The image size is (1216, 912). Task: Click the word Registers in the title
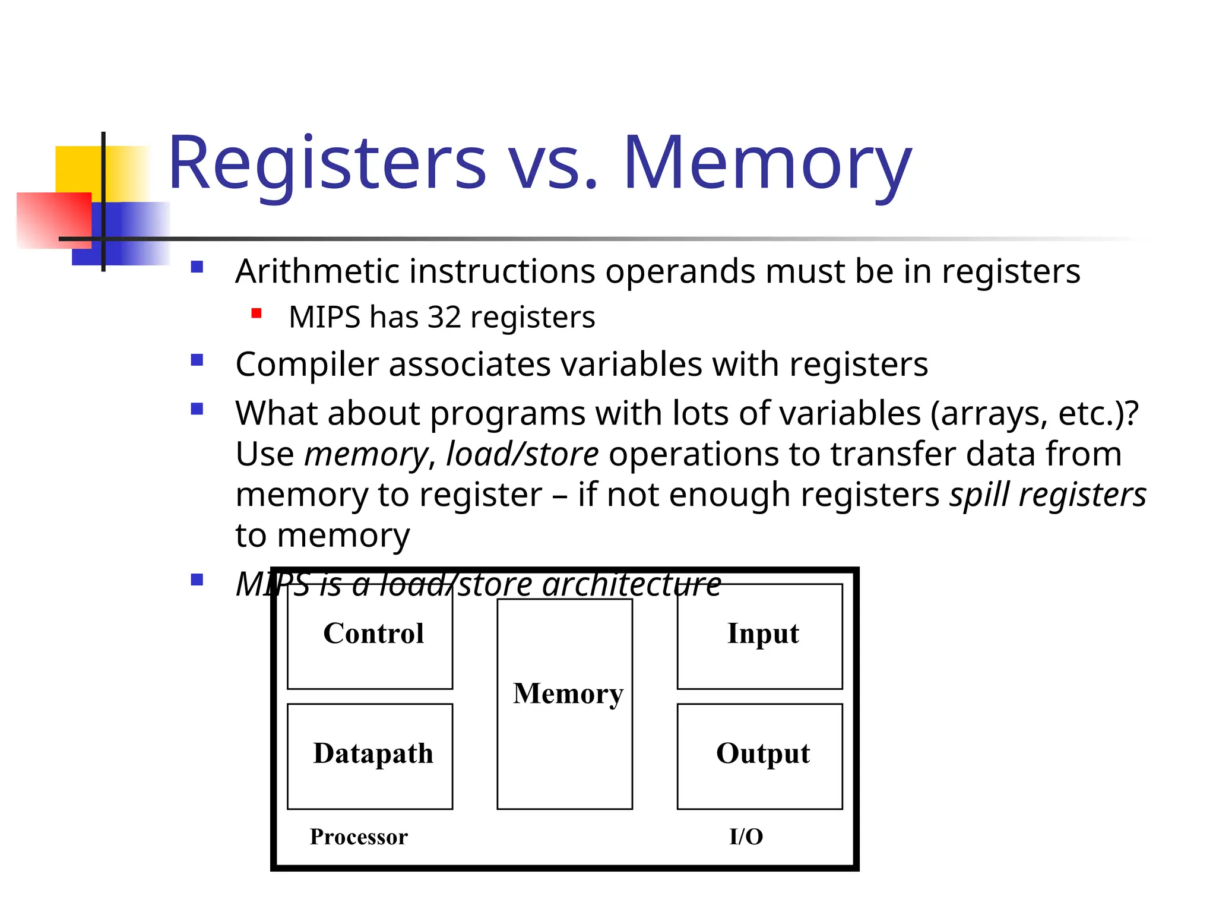click(327, 163)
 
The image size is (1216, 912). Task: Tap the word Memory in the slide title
click(767, 163)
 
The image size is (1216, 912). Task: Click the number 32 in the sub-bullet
click(444, 317)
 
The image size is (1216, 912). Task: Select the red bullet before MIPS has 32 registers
click(256, 313)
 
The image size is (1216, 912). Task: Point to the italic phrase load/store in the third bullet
click(522, 454)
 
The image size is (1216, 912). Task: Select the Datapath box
click(370, 756)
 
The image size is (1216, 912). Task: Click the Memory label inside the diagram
click(568, 693)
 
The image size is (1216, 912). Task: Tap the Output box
click(759, 756)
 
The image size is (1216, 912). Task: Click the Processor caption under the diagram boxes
click(359, 837)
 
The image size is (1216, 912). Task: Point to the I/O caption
click(746, 837)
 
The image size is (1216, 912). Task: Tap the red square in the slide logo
click(53, 220)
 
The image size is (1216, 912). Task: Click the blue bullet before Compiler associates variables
click(197, 360)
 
